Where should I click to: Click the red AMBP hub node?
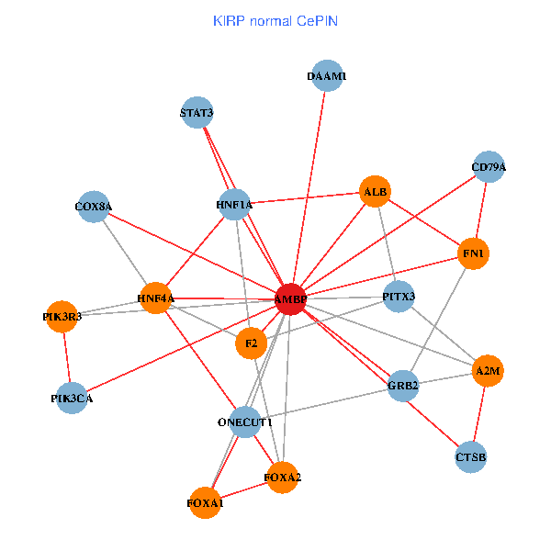click(290, 298)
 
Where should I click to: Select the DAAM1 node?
click(327, 77)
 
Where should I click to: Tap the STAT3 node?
click(197, 113)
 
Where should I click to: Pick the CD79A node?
click(489, 167)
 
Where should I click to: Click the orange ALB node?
click(376, 192)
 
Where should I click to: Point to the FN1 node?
click(474, 253)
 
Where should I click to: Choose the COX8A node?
click(94, 207)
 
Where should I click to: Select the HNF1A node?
click(234, 205)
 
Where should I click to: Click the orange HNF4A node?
click(156, 298)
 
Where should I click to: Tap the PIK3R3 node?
click(62, 317)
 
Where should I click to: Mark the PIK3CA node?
click(72, 399)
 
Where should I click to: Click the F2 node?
click(251, 343)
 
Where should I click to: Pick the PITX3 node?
click(399, 297)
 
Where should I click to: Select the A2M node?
click(487, 371)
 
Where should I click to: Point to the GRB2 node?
click(403, 385)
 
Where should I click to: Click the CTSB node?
click(471, 456)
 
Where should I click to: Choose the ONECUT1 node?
click(245, 422)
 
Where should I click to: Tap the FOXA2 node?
click(282, 478)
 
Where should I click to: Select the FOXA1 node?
click(205, 502)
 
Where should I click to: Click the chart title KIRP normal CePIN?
click(275, 20)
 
